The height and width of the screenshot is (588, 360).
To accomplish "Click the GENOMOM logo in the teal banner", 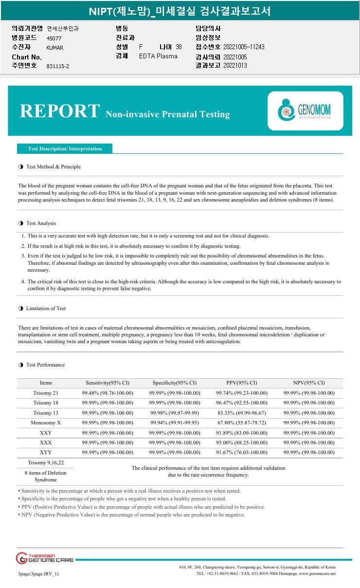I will [305, 110].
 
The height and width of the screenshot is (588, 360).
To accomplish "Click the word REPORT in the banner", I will [59, 111].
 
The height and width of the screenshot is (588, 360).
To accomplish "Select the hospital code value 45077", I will [54, 38].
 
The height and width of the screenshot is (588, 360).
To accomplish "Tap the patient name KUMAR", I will [54, 48].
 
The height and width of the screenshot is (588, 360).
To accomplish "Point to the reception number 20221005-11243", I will [244, 47].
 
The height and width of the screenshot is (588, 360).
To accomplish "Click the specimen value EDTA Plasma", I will [158, 56].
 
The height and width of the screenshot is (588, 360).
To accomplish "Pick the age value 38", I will [179, 47].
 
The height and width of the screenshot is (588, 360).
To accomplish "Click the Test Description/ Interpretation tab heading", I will [65, 148].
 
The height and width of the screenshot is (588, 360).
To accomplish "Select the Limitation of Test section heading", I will [46, 308].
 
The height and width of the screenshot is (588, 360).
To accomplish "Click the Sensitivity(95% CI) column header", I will [108, 383].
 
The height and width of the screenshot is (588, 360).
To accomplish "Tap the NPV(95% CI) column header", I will [309, 383].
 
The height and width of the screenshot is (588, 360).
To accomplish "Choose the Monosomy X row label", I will [46, 423].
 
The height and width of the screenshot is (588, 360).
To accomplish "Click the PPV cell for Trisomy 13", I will [242, 413].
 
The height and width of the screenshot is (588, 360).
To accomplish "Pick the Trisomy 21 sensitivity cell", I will [108, 393].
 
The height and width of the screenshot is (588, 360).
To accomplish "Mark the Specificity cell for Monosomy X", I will [175, 423].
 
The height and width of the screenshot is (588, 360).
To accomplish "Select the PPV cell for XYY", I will [242, 452].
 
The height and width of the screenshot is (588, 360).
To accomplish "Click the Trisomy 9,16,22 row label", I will [46, 462].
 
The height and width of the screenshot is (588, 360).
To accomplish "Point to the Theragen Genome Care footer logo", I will [45, 558].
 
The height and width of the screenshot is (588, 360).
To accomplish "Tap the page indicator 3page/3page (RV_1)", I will [38, 573].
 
